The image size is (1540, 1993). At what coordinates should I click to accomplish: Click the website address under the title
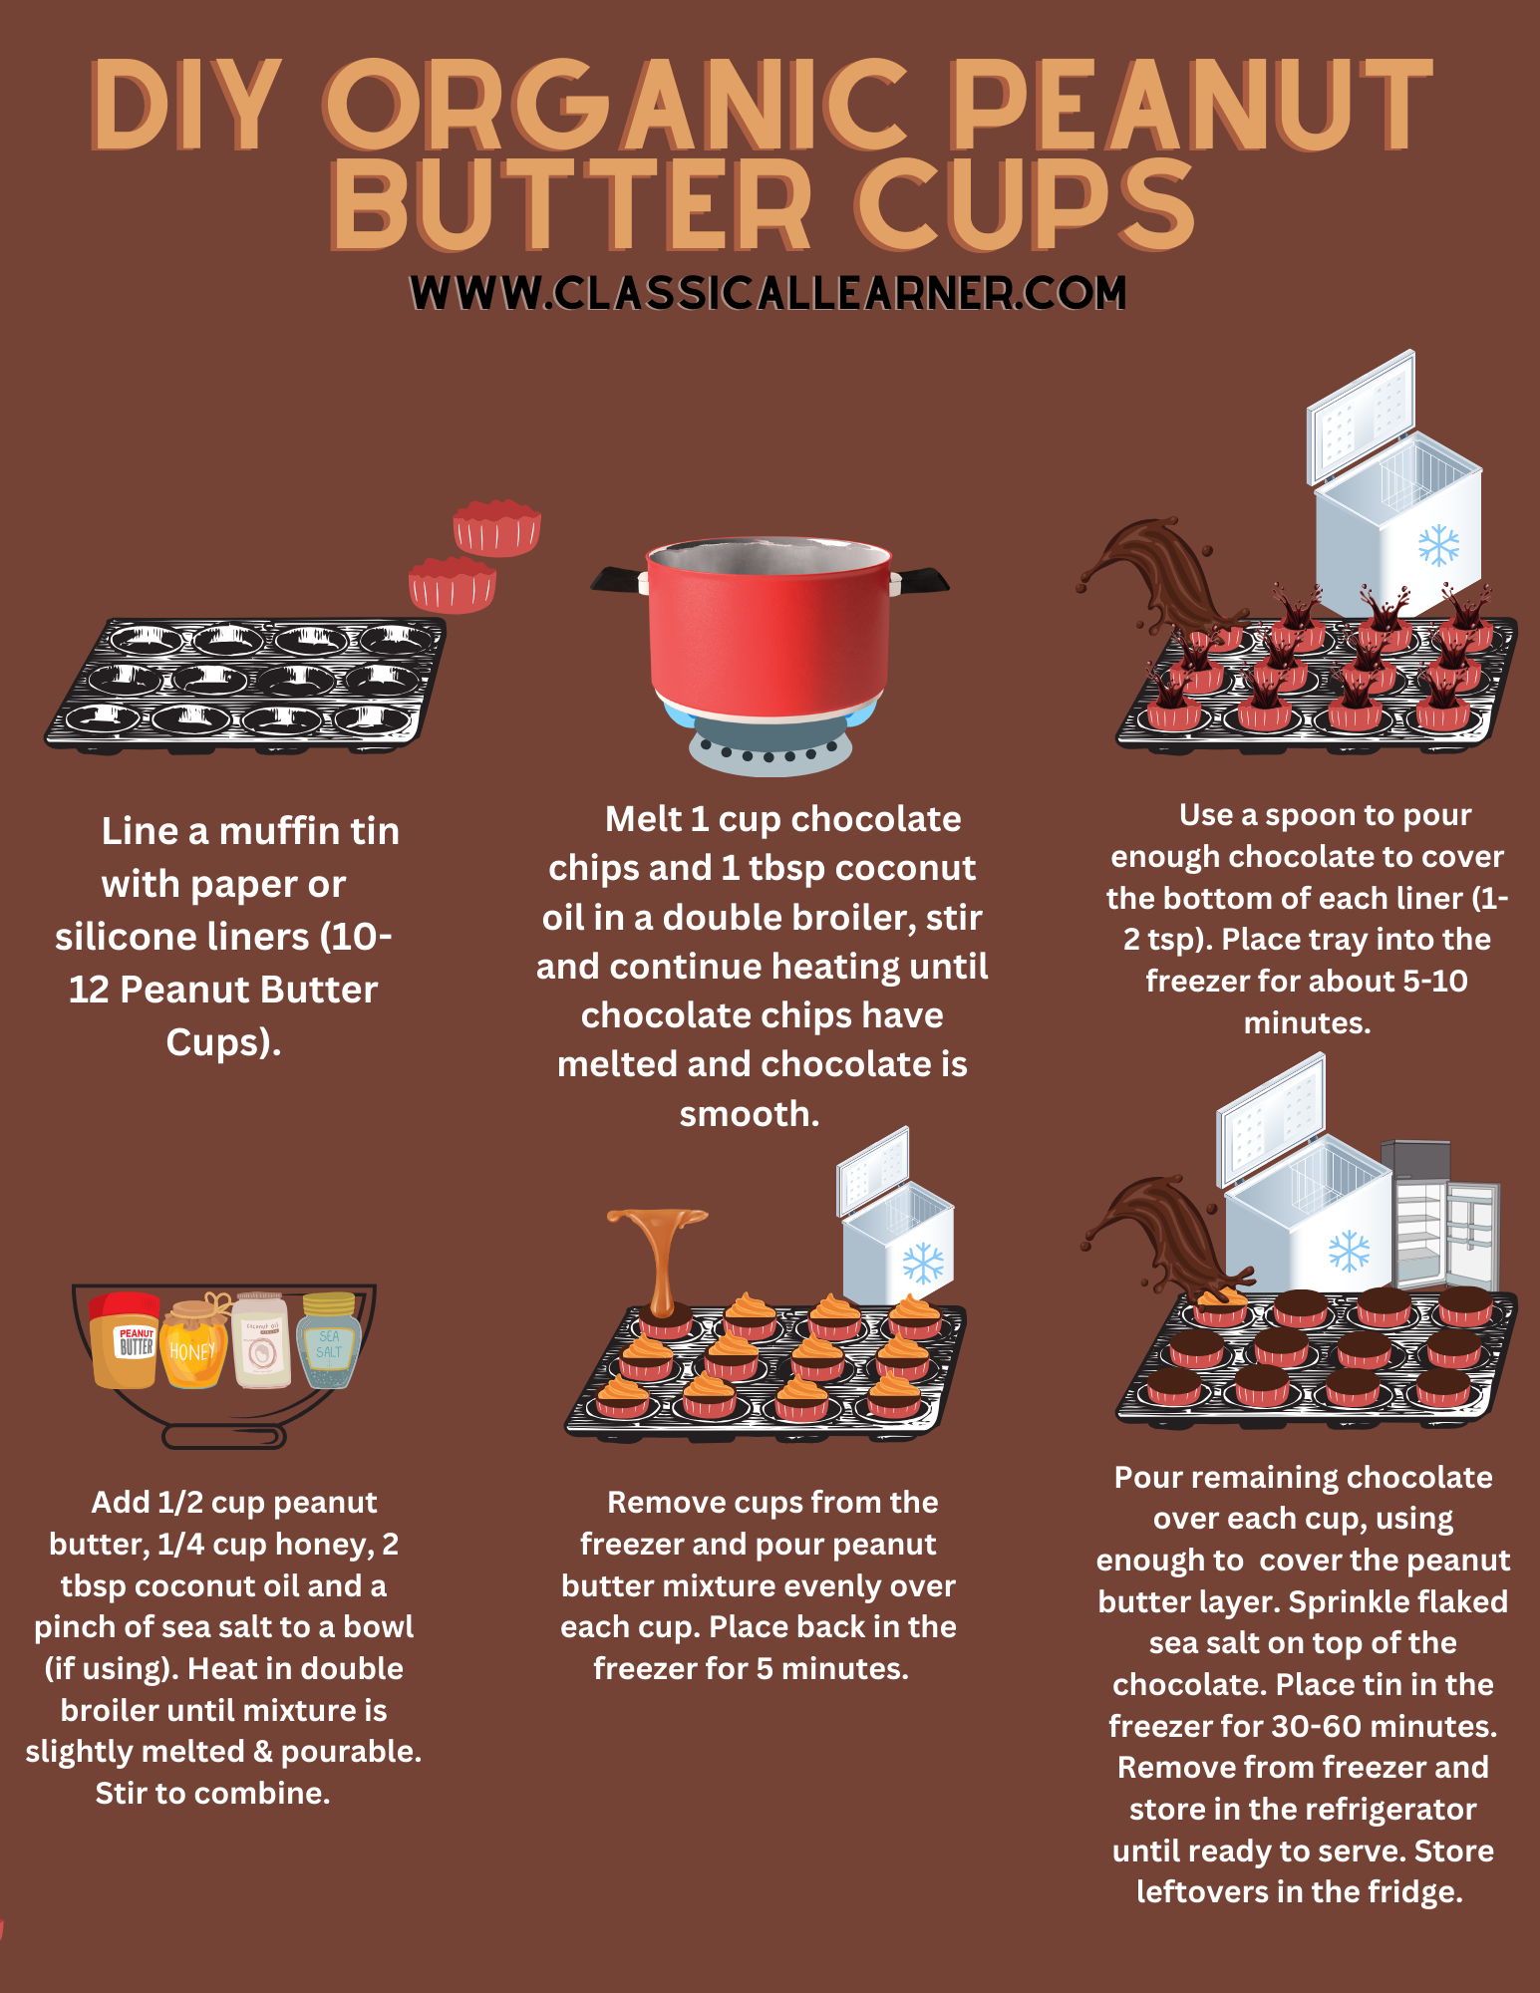[769, 293]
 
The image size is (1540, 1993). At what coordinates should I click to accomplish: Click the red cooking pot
[769, 626]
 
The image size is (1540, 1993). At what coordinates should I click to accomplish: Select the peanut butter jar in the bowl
[125, 1339]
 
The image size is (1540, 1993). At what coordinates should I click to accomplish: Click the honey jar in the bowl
[194, 1343]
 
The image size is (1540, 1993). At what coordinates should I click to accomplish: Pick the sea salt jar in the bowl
[328, 1341]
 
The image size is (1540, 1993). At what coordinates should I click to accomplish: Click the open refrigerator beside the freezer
[1441, 1216]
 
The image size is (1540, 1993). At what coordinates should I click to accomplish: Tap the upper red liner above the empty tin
[497, 527]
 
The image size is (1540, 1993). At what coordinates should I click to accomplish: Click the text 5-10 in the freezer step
[1434, 981]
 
